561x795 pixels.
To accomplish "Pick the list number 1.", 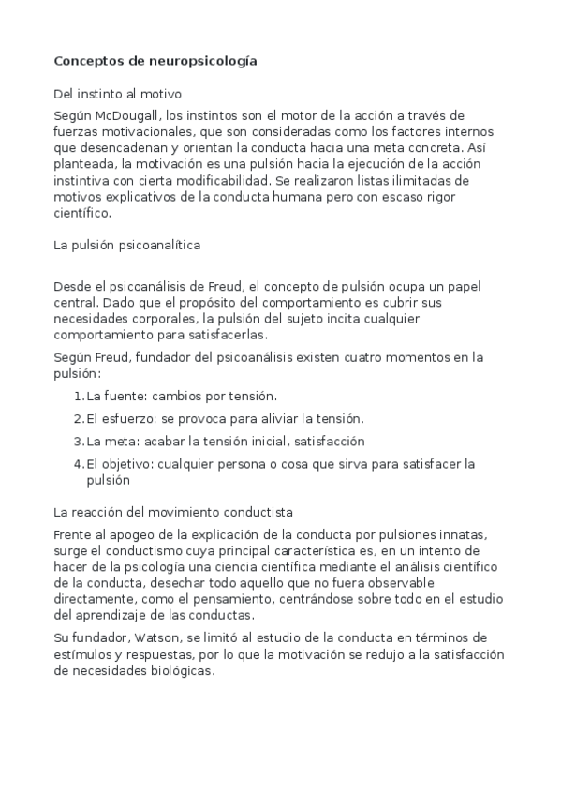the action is [78, 396].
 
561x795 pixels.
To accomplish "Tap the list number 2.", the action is [78, 418].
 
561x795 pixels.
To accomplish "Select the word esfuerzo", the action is [126, 418].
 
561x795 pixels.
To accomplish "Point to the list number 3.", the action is [78, 441].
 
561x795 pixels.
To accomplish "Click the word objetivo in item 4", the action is [127, 463].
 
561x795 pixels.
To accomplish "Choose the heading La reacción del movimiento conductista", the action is [174, 512].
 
